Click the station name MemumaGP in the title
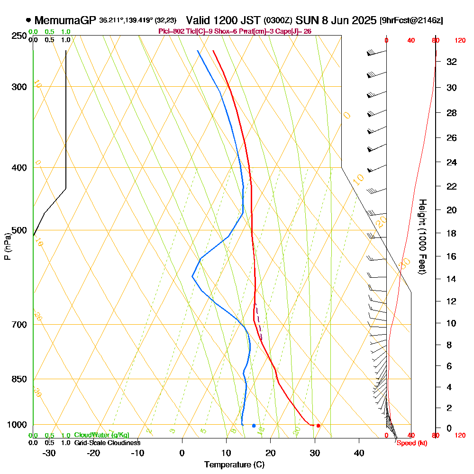pyautogui.click(x=65, y=20)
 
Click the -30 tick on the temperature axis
pyautogui.click(x=49, y=453)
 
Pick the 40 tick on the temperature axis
pyautogui.click(x=359, y=453)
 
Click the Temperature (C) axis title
pyautogui.click(x=234, y=465)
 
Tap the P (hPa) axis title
pyautogui.click(x=7, y=246)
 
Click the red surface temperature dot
pyautogui.click(x=319, y=426)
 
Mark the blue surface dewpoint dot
pyautogui.click(x=254, y=426)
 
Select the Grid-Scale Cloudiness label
pyautogui.click(x=107, y=443)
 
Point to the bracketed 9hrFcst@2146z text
pyautogui.click(x=411, y=21)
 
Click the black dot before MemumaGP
pyautogui.click(x=28, y=20)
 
